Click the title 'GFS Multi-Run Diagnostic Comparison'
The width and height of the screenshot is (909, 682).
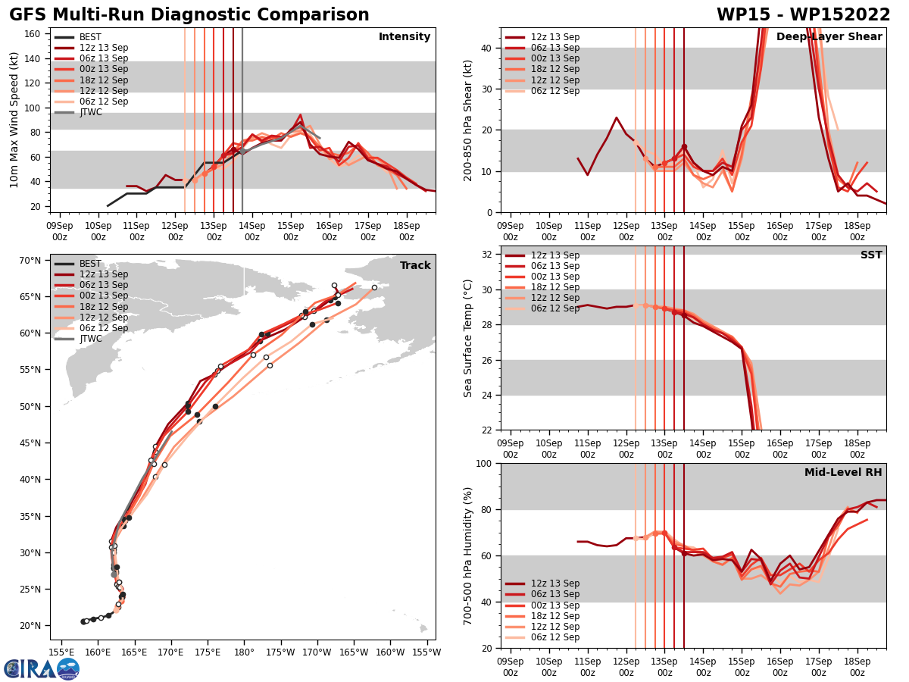pos(189,15)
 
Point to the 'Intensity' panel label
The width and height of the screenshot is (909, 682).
pos(405,37)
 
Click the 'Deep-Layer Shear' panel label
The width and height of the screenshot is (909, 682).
pos(829,37)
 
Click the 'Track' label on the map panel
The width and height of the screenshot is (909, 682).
pos(415,265)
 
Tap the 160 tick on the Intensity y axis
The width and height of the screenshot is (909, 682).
pos(33,34)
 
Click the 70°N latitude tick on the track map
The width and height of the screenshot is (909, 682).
pos(30,261)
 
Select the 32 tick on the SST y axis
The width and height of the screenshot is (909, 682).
pos(488,255)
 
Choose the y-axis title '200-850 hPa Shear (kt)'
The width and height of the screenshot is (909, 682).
pos(469,120)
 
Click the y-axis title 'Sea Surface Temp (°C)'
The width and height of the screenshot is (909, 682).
pos(469,338)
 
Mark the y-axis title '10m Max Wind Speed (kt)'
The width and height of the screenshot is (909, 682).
pos(14,120)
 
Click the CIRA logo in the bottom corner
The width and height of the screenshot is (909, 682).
pos(42,668)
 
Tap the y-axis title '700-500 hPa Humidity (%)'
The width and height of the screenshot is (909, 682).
pos(469,555)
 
